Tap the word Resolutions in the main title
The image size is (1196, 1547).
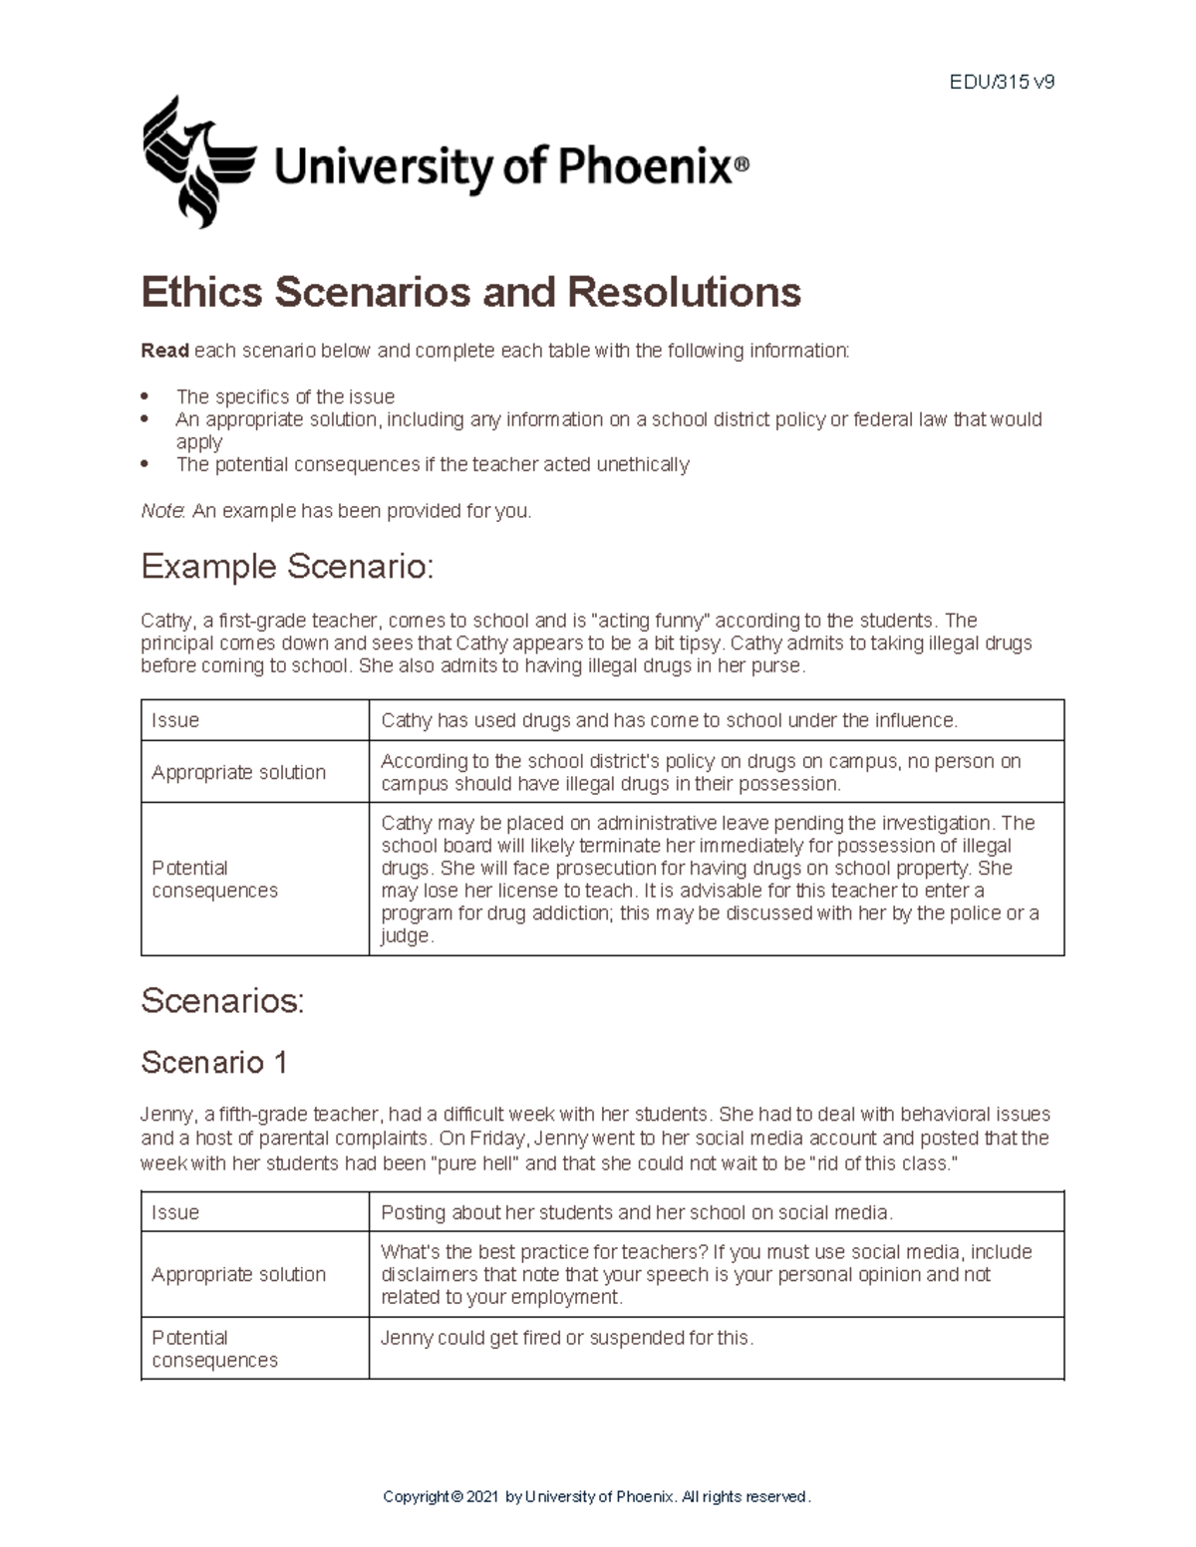pyautogui.click(x=684, y=292)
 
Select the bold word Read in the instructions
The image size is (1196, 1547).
pyautogui.click(x=164, y=351)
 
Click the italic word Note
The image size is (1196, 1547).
pyautogui.click(x=162, y=511)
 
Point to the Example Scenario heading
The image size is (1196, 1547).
pyautogui.click(x=287, y=567)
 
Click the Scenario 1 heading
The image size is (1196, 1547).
pyautogui.click(x=214, y=1062)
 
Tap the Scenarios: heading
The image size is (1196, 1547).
pyautogui.click(x=222, y=1000)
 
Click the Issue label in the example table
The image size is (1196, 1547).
pyautogui.click(x=175, y=720)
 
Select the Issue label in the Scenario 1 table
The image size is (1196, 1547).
pyautogui.click(x=175, y=1212)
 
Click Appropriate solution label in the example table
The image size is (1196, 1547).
pyautogui.click(x=238, y=772)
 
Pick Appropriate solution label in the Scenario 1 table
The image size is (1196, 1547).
pyautogui.click(x=238, y=1274)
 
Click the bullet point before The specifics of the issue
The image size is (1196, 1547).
pyautogui.click(x=147, y=396)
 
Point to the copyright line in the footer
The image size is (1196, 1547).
pyautogui.click(x=597, y=1496)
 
